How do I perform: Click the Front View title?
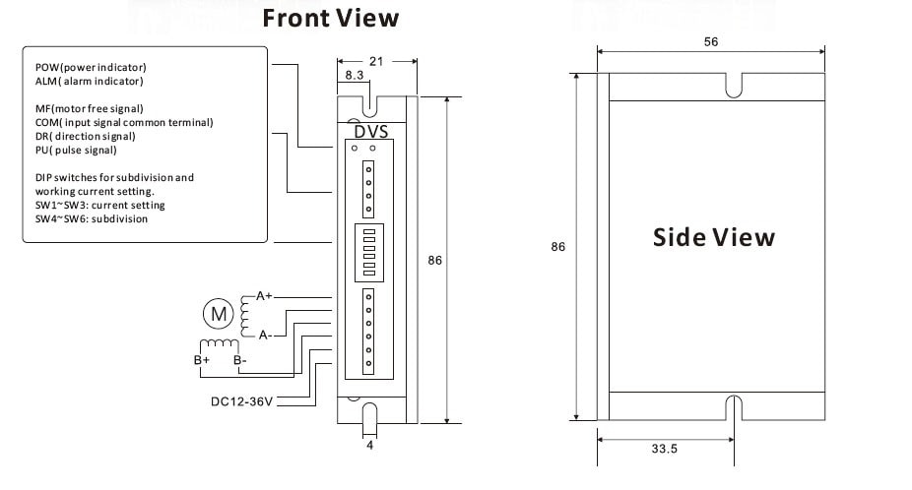[x=330, y=18]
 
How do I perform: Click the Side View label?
[x=714, y=238]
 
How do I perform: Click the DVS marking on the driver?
[x=370, y=130]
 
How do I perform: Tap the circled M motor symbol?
[x=217, y=314]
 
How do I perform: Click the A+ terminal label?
[x=264, y=295]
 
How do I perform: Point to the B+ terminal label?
[x=203, y=360]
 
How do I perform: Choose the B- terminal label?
[x=239, y=360]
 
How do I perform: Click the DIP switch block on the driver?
[x=368, y=253]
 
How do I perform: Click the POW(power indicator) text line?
[x=98, y=67]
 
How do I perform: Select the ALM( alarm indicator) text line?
[x=89, y=81]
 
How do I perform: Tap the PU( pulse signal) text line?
[x=76, y=150]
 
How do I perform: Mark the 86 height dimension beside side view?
[x=557, y=248]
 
